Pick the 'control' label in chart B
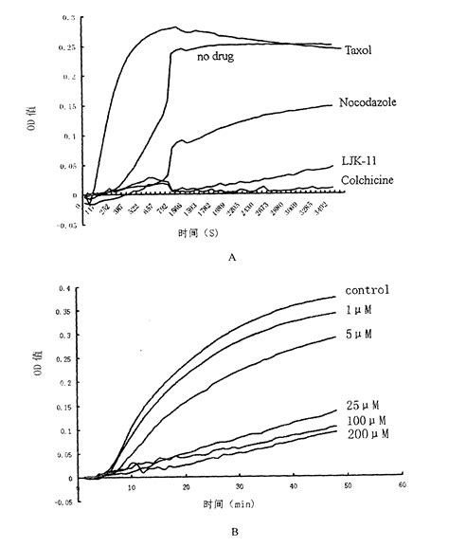click(x=368, y=290)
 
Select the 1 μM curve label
click(x=362, y=311)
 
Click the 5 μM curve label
click(x=362, y=336)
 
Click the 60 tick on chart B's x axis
click(x=402, y=485)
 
